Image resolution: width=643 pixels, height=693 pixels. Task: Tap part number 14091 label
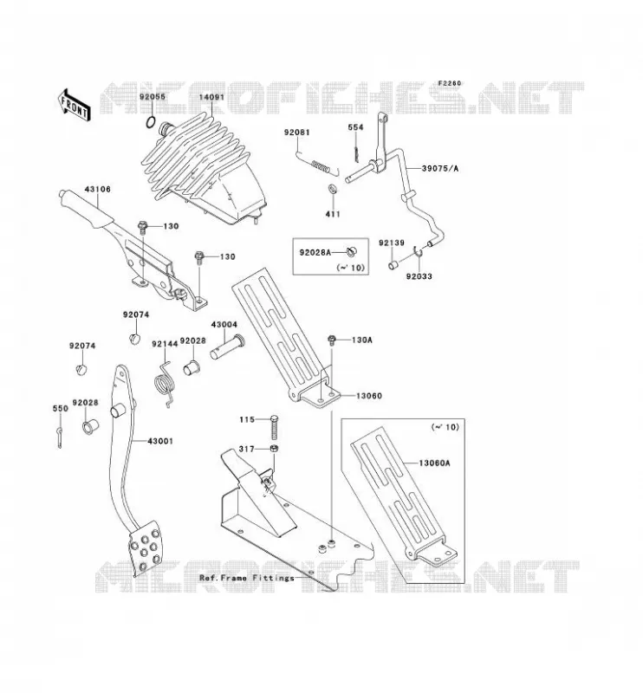(x=211, y=97)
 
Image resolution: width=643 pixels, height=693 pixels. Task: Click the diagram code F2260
(x=450, y=83)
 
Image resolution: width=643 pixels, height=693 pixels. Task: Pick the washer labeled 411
(x=332, y=190)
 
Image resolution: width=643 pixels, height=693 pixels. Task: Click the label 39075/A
(x=440, y=168)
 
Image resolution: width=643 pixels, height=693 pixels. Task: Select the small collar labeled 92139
(x=393, y=266)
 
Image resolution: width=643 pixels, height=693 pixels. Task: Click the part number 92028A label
(x=315, y=252)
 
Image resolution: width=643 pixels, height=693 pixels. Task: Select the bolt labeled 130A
(x=331, y=340)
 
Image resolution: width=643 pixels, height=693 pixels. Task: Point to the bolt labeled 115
(x=274, y=427)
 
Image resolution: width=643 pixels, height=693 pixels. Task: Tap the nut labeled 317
(x=274, y=449)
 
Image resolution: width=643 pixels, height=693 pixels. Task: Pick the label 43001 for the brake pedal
(x=160, y=441)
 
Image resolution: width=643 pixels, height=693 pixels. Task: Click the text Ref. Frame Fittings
(x=247, y=578)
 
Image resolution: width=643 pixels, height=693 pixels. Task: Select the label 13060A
(x=434, y=463)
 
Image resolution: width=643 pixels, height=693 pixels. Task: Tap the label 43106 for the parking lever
(x=97, y=189)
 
